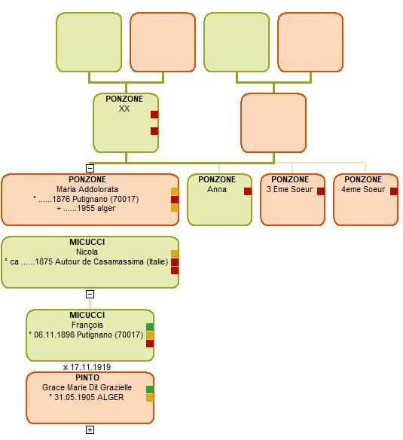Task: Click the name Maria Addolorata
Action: (x=87, y=189)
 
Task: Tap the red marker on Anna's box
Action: (x=248, y=191)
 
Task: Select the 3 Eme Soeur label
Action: (x=289, y=189)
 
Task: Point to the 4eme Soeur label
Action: (x=363, y=189)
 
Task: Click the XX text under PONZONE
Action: (x=124, y=108)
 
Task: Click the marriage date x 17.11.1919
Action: (x=87, y=367)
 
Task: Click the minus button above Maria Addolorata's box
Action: (x=90, y=168)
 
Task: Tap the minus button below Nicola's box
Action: (x=90, y=294)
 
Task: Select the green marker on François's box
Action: (x=150, y=327)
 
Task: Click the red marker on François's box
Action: (x=150, y=344)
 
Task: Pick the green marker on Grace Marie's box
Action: (x=150, y=390)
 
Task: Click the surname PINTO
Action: (x=87, y=377)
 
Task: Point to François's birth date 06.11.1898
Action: (x=54, y=335)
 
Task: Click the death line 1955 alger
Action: (x=86, y=208)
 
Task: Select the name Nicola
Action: (x=87, y=252)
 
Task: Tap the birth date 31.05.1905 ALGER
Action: (x=86, y=397)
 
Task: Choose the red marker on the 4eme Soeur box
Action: (x=394, y=191)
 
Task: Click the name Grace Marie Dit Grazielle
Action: (x=87, y=387)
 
